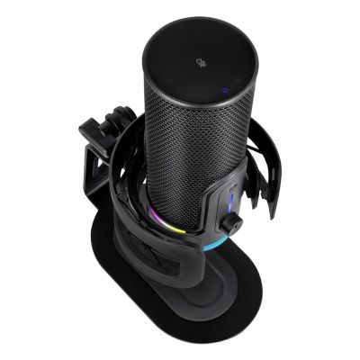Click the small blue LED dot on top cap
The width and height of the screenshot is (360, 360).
223,89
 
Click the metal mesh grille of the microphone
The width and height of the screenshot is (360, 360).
184,153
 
